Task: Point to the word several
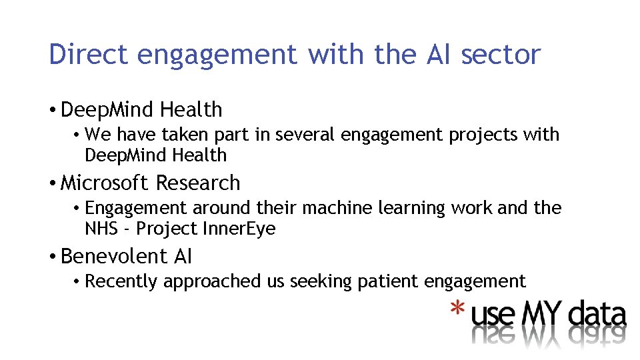(306, 135)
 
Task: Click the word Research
(197, 183)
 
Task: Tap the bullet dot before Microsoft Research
(53, 183)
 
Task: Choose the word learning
(413, 209)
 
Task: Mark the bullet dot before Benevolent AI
(53, 257)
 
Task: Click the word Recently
(122, 281)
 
